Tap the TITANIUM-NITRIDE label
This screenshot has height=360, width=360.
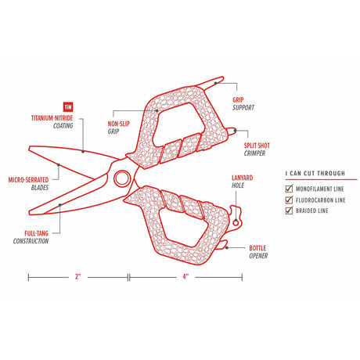click(52, 117)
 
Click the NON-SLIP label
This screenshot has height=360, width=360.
click(118, 124)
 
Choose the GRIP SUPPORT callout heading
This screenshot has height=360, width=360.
click(238, 99)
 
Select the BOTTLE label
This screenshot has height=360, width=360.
click(258, 247)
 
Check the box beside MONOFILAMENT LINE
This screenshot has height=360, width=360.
click(289, 189)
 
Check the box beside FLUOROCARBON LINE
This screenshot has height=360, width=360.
click(289, 200)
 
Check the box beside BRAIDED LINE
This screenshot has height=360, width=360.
click(289, 211)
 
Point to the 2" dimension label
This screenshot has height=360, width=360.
click(78, 276)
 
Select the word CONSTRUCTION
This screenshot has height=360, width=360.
click(31, 240)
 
